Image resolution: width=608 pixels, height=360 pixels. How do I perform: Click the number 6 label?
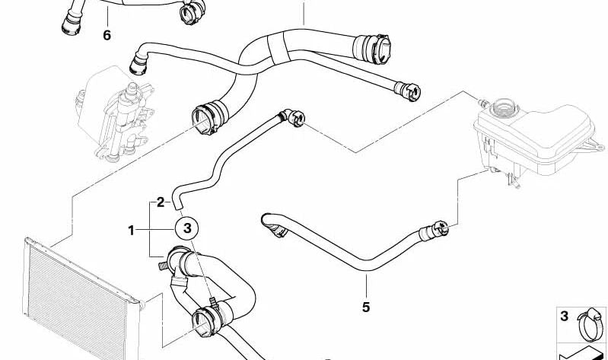(107, 35)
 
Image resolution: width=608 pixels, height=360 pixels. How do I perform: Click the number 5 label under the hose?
(366, 307)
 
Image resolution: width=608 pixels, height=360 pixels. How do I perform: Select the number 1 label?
(132, 230)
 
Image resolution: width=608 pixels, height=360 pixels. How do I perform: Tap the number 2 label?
(160, 202)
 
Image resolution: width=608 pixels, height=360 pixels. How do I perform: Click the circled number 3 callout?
(188, 228)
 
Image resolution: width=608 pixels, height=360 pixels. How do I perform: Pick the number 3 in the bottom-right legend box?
(564, 317)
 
